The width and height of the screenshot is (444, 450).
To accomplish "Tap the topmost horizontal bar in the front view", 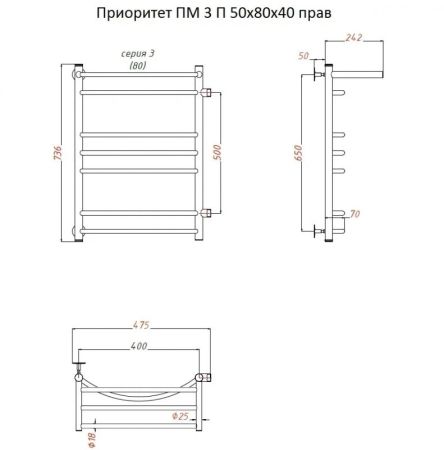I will (x=140, y=74).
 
